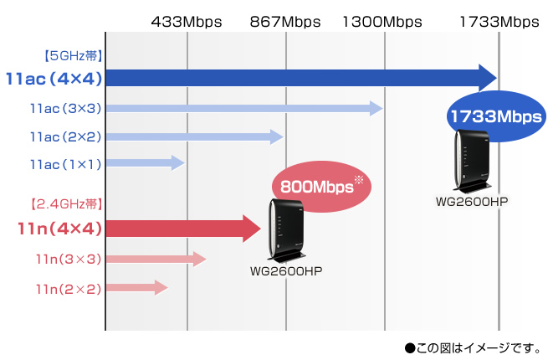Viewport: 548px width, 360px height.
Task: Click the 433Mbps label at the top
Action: point(187,22)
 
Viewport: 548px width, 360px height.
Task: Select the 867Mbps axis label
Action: point(285,22)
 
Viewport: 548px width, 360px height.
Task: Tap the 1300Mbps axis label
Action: point(382,22)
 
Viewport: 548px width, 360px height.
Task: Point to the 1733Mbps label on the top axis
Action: point(499,22)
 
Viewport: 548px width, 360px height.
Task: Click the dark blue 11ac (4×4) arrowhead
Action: point(488,78)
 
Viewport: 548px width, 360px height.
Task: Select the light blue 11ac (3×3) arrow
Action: point(244,109)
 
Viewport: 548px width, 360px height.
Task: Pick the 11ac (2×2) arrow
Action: point(195,136)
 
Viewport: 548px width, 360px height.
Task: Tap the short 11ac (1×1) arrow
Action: point(146,162)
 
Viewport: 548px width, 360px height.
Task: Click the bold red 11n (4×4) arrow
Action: point(183,229)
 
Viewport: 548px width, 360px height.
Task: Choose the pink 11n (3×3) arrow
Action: point(156,260)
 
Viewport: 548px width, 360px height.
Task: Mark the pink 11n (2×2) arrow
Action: point(137,287)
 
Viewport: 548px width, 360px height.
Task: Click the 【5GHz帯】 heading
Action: point(74,55)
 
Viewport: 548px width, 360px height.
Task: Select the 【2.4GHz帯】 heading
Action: point(66,203)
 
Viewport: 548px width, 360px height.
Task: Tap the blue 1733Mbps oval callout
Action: point(496,116)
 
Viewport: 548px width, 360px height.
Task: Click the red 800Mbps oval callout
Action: point(321,186)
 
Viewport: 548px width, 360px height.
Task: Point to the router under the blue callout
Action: point(473,161)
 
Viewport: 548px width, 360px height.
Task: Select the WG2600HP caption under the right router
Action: point(472,202)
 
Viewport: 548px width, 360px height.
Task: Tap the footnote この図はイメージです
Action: point(474,347)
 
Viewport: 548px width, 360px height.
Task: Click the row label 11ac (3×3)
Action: point(66,109)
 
